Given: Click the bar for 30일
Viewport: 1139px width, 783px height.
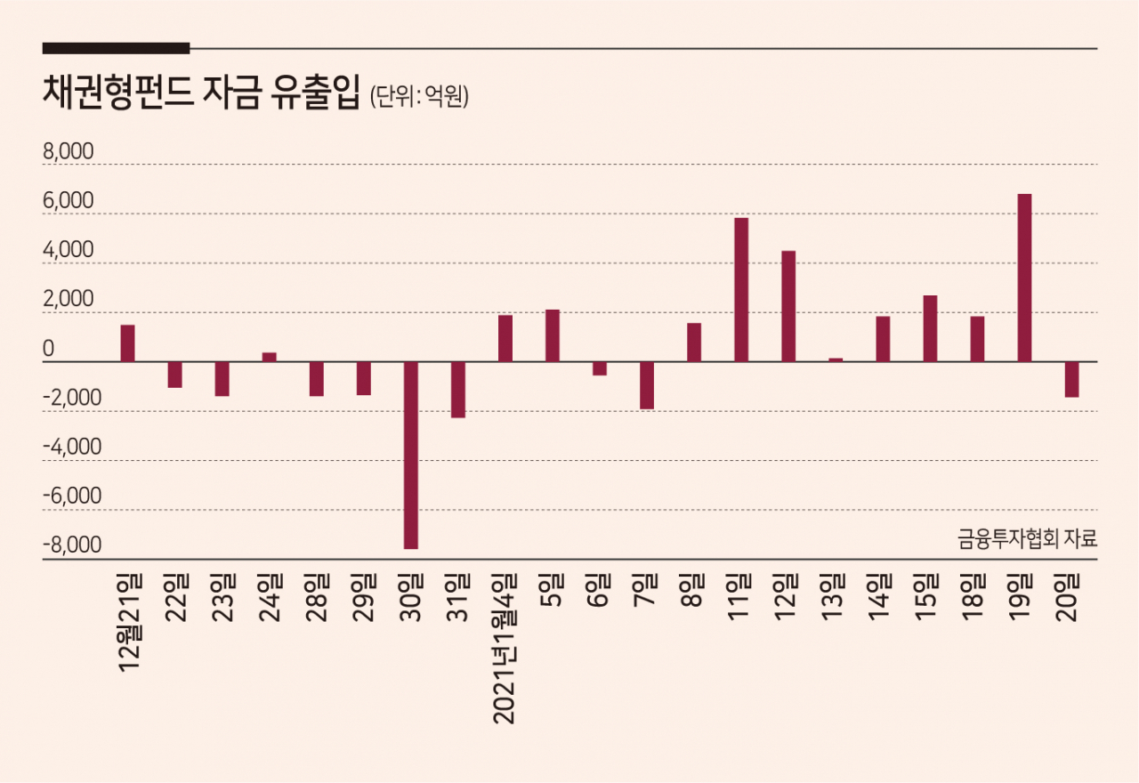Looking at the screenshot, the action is point(411,455).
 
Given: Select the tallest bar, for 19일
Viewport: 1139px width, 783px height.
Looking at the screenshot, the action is point(1024,278).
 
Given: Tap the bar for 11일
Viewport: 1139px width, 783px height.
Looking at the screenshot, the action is point(741,290).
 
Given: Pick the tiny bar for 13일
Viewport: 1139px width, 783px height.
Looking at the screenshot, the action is point(836,360).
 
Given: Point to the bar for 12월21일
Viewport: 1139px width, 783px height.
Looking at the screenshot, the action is point(127,343).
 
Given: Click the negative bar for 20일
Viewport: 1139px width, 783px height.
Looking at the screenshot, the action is point(1072,379).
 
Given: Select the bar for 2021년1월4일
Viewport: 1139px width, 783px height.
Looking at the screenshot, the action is point(505,339).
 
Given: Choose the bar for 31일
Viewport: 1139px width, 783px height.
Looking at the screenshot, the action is point(458,390).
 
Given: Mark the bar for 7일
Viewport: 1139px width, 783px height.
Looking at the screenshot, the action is point(647,385).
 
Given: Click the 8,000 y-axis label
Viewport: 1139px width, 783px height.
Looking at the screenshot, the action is point(69,151).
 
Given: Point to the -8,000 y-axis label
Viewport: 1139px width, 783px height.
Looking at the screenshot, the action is point(72,545).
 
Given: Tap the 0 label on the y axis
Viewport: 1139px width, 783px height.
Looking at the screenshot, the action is point(48,349).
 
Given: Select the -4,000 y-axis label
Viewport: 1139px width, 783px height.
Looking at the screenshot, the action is point(72,447).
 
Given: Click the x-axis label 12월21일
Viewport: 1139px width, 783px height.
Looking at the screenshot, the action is point(130,624).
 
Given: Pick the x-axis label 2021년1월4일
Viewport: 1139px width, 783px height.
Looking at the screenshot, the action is point(505,649).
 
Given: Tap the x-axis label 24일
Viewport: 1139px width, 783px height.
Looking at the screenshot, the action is point(270,598).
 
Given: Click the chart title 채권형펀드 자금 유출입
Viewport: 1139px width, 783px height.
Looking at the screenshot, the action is point(201,92).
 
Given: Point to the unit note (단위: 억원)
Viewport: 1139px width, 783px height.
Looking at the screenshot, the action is point(419,96).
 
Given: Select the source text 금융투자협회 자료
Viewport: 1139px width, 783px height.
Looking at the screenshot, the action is point(1027,538).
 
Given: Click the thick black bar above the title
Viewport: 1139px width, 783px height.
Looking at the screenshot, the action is point(116,48).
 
